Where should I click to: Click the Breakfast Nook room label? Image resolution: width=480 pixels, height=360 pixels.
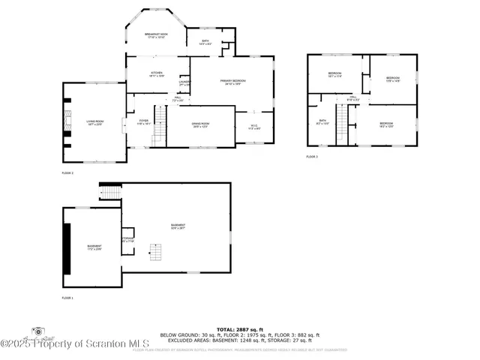pos(157,35)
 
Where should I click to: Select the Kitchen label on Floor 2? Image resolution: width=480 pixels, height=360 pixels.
pos(156,73)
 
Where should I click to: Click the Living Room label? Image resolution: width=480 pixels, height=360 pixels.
pos(94,122)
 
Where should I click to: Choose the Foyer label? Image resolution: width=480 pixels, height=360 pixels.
pos(142,121)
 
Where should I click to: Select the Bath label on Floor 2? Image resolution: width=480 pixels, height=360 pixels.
pos(205,43)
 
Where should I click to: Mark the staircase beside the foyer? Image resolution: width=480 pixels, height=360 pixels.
pos(159,135)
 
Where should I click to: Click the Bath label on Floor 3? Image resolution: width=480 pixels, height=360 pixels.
pos(322,122)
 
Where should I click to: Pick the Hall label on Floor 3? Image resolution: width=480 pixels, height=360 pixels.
pos(352,97)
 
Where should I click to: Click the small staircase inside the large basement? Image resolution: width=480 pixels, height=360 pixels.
pos(156,252)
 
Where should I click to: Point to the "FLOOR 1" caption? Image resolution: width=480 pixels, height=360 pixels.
pos(67,298)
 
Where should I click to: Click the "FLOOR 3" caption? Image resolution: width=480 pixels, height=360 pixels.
pos(312,157)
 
